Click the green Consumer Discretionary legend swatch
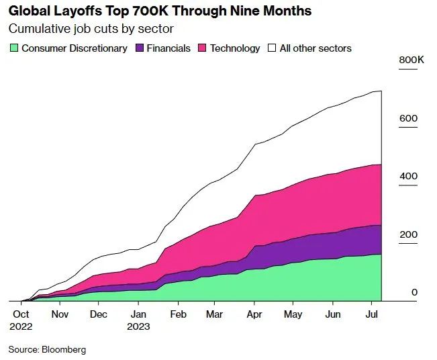click(x=13, y=48)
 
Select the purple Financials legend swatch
click(x=140, y=48)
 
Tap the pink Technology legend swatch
click(x=201, y=48)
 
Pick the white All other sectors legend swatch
click(x=272, y=48)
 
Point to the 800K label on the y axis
click(x=411, y=60)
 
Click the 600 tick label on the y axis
click(x=408, y=118)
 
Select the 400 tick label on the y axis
click(x=408, y=176)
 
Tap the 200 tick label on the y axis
click(x=408, y=234)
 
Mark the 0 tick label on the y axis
click(x=414, y=292)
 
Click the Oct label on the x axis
click(x=21, y=314)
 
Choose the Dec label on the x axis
click(x=99, y=314)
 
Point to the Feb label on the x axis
click(x=178, y=314)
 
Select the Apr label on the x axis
click(x=254, y=314)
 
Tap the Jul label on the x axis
click(x=371, y=314)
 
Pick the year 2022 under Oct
click(x=21, y=326)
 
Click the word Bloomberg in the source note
click(x=64, y=350)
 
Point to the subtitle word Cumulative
click(x=36, y=29)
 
